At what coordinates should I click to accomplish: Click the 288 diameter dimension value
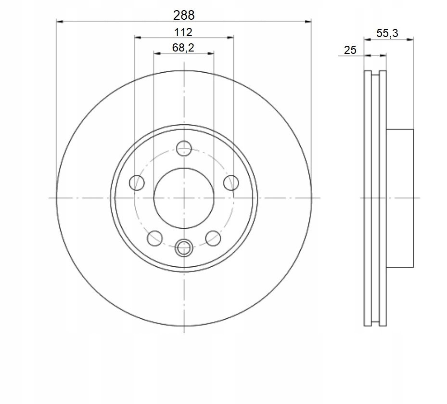pos(184,15)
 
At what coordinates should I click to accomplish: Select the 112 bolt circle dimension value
pos(183,32)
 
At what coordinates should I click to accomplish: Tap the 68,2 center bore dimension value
pos(183,48)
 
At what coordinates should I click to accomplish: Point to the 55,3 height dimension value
pos(387,33)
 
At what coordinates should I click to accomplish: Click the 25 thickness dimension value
pos(350,50)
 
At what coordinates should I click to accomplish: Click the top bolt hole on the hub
pos(184,148)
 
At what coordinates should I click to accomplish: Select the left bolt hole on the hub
pos(137,182)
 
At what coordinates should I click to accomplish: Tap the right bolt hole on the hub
pos(231,182)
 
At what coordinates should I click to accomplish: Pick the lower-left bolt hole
pos(155,238)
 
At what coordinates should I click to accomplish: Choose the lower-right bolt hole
pos(213,238)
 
